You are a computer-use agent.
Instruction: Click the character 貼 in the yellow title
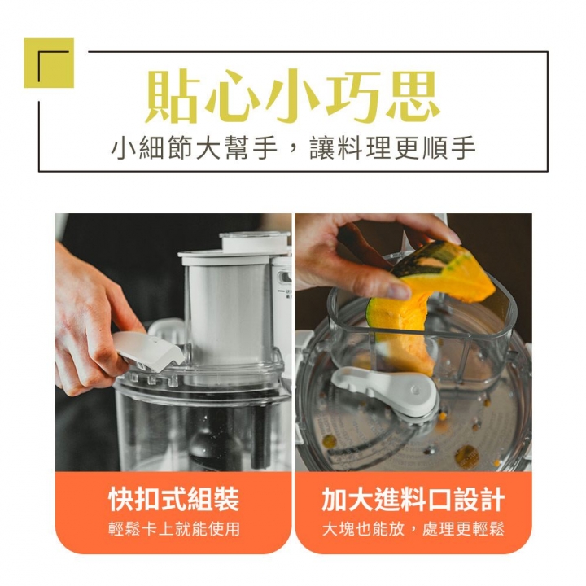(x=173, y=97)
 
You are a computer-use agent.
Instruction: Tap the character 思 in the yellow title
(x=411, y=97)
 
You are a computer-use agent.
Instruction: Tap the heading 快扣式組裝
(x=173, y=499)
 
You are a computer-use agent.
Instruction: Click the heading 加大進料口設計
(x=413, y=499)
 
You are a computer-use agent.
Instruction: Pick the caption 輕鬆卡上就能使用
(x=173, y=529)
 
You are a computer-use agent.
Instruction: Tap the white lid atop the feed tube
(x=254, y=241)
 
